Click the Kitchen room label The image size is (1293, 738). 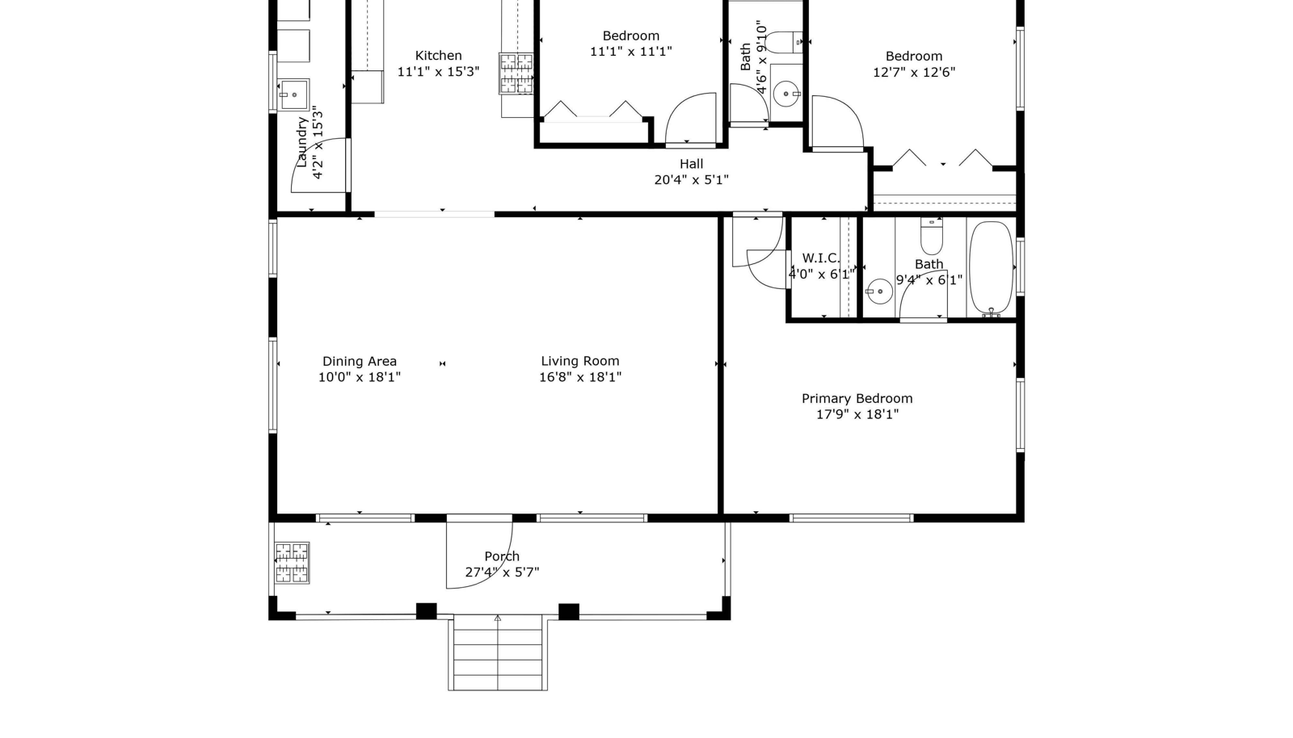[438, 56]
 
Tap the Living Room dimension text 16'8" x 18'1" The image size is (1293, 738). [580, 377]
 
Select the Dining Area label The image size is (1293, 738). [359, 362]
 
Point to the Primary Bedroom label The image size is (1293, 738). [857, 398]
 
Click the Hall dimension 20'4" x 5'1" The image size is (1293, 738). [691, 180]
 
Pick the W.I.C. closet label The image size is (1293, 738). [821, 258]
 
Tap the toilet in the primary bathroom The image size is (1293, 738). [932, 237]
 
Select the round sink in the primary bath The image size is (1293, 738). [880, 291]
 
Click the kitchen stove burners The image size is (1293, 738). [516, 73]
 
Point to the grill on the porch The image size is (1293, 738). [292, 563]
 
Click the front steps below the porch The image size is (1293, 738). [498, 652]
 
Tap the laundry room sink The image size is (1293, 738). [293, 94]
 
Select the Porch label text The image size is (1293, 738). [502, 556]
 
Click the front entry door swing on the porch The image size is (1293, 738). [497, 568]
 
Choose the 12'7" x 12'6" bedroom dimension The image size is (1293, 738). [914, 73]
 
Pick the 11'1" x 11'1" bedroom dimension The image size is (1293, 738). [631, 52]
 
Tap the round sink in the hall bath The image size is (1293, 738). [785, 94]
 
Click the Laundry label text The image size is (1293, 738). [301, 142]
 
